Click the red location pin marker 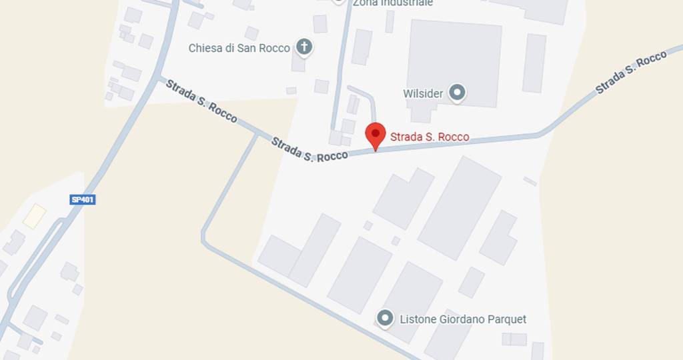[376, 135]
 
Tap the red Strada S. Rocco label [430, 137]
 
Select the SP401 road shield [83, 199]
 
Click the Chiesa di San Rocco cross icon [304, 47]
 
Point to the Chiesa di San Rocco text [239, 48]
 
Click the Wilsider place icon [457, 93]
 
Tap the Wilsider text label [423, 93]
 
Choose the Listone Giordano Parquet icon [385, 319]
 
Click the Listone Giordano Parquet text [463, 319]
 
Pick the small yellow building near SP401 [34, 216]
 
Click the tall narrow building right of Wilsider [534, 63]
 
